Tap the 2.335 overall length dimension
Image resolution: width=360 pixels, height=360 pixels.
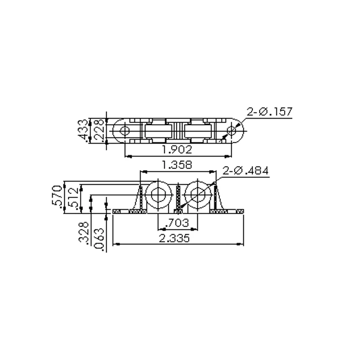click(x=177, y=238)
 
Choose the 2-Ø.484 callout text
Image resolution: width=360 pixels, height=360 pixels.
click(x=245, y=171)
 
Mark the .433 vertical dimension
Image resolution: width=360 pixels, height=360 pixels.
click(x=84, y=131)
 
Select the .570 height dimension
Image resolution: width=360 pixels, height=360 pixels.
click(x=56, y=196)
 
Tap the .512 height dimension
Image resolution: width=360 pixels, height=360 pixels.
click(x=72, y=199)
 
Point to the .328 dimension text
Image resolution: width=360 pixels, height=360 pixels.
click(x=84, y=233)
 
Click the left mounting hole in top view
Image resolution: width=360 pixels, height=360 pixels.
click(x=124, y=130)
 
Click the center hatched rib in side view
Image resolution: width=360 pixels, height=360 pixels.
click(x=178, y=198)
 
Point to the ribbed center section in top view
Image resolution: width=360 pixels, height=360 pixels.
click(x=178, y=130)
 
